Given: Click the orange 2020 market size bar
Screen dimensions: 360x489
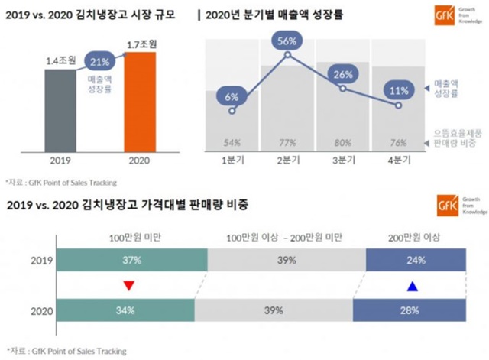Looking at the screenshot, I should tap(140, 105).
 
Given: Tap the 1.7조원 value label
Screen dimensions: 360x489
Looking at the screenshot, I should tap(141, 45).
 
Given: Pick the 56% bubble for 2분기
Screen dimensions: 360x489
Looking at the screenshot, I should tap(287, 41).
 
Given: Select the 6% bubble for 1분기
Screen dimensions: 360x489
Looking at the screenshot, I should tap(232, 96).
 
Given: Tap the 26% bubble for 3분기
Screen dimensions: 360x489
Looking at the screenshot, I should tap(342, 75).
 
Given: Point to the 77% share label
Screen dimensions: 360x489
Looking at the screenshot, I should tap(287, 143).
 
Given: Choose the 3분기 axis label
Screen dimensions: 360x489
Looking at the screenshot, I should tap(342, 161).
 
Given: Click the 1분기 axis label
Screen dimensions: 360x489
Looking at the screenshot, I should tap(232, 161).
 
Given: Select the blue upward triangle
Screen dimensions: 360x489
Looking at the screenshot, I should tap(413, 287).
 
